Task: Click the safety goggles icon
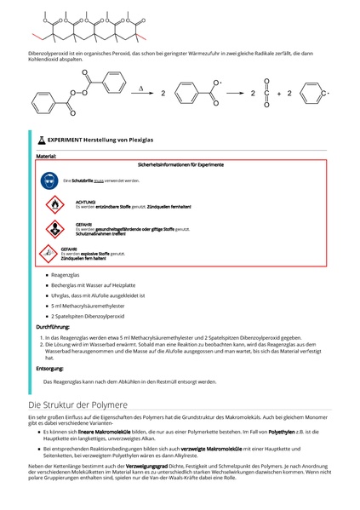(49, 181)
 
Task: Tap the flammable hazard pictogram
(53, 204)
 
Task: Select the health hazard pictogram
(53, 228)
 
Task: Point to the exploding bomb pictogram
(49, 253)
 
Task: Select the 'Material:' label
(46, 156)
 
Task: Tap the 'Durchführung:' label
(53, 326)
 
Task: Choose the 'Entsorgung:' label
(49, 368)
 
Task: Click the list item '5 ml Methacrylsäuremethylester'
(88, 305)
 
